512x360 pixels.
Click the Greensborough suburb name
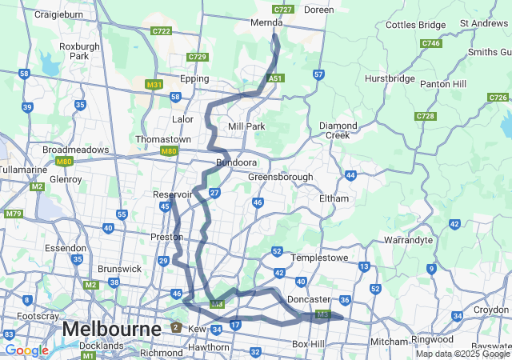click(280, 177)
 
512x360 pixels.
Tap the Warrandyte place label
click(408, 239)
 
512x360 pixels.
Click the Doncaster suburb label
click(309, 299)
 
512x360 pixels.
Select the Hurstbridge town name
click(390, 78)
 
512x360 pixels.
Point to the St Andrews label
click(484, 24)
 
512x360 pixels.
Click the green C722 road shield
click(162, 31)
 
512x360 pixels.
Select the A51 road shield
click(275, 78)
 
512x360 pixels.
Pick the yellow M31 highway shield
click(154, 84)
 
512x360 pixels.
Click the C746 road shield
click(430, 43)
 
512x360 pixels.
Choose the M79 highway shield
click(13, 214)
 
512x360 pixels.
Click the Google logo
click(26, 350)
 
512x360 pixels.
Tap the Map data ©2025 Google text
click(462, 354)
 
